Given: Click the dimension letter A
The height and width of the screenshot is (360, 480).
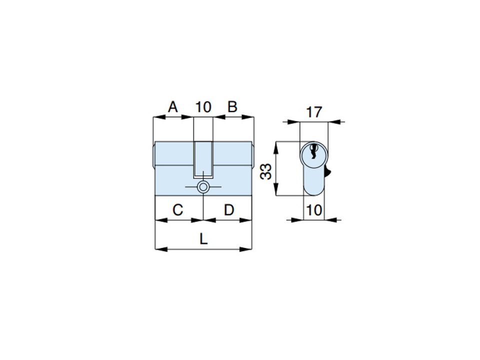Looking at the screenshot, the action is [173, 107].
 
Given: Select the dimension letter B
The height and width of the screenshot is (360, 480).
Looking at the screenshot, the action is [232, 107].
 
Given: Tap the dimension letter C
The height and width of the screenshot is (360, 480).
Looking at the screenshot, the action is [178, 210].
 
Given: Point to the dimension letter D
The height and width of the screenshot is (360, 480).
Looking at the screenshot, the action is [229, 210].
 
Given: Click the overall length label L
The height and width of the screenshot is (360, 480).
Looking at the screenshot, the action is [203, 239].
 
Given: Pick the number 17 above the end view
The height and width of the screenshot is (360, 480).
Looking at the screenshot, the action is [314, 112].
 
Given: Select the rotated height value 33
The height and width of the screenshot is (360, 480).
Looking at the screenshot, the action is [265, 171].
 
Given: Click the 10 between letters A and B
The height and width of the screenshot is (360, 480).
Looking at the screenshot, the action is [203, 107].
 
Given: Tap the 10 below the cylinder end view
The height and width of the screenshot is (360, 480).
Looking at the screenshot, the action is [314, 210].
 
